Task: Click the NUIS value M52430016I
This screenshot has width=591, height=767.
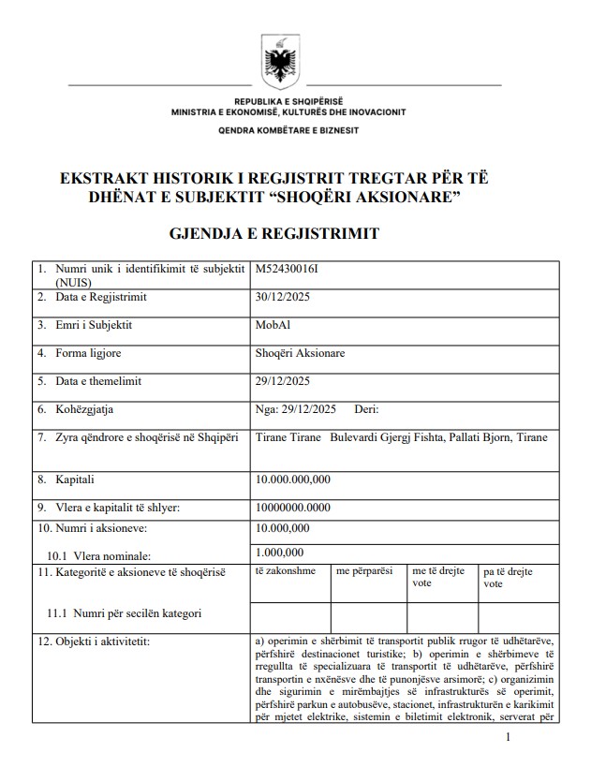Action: [293, 269]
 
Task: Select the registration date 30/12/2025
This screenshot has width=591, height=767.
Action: [282, 297]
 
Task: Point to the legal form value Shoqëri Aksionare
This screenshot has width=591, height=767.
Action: [300, 353]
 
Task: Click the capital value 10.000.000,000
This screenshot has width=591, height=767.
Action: [292, 479]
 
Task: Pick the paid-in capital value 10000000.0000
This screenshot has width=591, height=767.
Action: [292, 508]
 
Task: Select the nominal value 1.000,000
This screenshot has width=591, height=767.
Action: [279, 553]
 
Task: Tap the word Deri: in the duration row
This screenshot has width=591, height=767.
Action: [366, 409]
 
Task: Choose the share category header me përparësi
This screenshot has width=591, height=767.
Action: [364, 569]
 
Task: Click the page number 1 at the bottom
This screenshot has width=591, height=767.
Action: [507, 738]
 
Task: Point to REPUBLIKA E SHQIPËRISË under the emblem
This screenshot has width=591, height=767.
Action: [288, 100]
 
